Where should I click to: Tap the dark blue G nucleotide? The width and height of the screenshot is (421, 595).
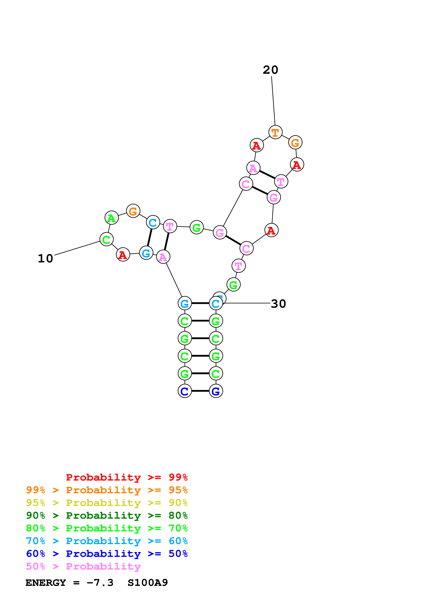point(216,391)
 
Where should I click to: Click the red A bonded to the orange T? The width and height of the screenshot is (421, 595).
point(257,145)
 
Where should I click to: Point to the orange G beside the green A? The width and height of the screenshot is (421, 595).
point(133,211)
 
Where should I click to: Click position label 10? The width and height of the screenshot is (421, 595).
point(45,258)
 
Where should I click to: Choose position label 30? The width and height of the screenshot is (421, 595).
point(278,303)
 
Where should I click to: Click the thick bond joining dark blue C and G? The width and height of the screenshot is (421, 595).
point(200,391)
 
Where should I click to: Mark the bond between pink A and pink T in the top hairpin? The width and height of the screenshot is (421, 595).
point(267,175)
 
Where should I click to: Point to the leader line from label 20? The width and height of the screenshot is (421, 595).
point(273,101)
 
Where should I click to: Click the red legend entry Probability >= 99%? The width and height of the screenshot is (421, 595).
point(127,477)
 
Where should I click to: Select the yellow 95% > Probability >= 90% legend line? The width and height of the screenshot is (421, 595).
point(107,503)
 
